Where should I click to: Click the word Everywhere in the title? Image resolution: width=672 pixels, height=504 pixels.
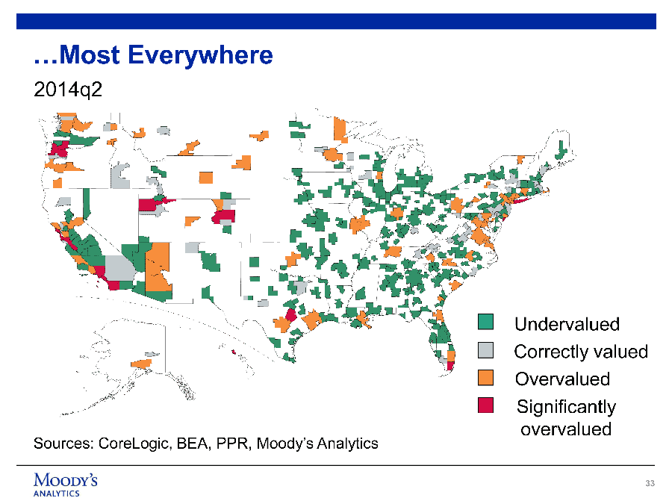(x=200, y=55)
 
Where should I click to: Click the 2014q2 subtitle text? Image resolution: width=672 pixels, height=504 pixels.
(x=68, y=90)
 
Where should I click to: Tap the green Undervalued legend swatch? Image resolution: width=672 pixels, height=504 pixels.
(x=485, y=321)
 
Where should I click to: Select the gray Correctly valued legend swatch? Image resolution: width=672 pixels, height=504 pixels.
(x=485, y=349)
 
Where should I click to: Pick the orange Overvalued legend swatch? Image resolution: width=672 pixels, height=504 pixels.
(x=485, y=378)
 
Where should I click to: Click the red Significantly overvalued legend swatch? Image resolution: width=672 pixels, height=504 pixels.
(x=485, y=405)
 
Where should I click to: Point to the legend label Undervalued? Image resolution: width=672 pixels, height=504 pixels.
(x=567, y=324)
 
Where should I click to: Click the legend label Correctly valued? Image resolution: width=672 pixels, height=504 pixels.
(x=581, y=352)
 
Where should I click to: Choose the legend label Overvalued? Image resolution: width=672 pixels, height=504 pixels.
(x=562, y=379)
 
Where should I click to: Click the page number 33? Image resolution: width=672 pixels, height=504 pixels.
(x=650, y=483)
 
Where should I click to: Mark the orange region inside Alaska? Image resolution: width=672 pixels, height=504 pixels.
(x=141, y=364)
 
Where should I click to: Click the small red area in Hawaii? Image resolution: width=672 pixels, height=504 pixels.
(x=233, y=352)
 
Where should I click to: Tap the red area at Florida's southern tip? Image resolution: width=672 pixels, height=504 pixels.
(x=450, y=366)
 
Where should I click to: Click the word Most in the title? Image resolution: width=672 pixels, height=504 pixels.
(x=90, y=55)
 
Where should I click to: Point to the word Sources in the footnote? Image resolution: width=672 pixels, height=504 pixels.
(x=63, y=443)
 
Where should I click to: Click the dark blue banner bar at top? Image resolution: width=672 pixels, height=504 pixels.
(x=336, y=22)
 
